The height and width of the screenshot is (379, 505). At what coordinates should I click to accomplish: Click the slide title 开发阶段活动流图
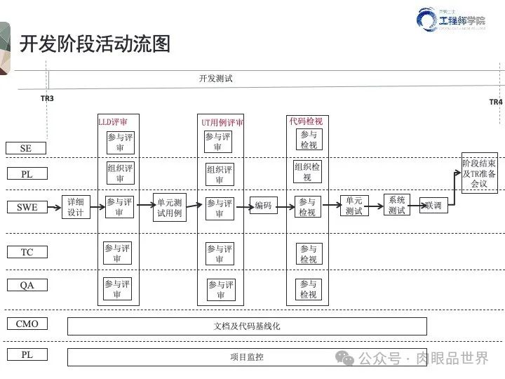point(95,44)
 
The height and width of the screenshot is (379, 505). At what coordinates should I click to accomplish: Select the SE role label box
point(26,148)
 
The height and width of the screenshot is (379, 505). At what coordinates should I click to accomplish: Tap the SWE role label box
point(27,207)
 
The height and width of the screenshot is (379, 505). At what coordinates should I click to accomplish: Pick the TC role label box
point(27,252)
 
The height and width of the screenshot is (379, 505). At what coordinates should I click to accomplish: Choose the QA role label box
point(27,285)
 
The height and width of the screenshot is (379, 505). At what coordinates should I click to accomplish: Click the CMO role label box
point(27,324)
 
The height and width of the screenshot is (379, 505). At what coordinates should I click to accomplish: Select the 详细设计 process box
point(76,207)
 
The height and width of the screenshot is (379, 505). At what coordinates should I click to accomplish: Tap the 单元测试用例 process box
point(170,207)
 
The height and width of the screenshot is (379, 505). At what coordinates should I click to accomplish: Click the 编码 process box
point(263,206)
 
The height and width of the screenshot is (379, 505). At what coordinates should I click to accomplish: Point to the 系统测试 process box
point(397,205)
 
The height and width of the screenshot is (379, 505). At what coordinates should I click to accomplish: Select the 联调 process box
point(433,206)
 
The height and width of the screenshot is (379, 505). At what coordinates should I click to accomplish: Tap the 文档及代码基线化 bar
point(247,326)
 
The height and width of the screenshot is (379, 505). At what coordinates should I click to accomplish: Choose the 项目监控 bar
point(247,357)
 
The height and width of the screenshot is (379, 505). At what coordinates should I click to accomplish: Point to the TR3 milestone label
point(47,98)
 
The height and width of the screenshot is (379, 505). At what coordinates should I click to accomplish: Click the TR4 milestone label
point(495,102)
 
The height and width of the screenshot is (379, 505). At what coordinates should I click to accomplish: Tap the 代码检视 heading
point(306,121)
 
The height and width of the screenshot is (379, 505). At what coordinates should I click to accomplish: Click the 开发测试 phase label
point(215,79)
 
